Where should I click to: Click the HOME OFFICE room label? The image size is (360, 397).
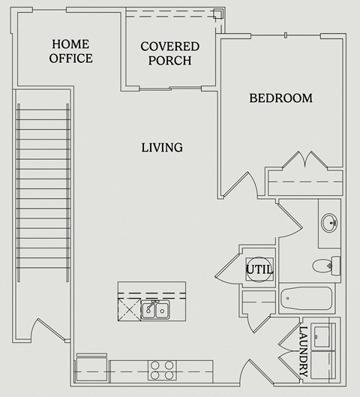coord(71,51)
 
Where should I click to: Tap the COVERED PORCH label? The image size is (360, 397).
coord(169,53)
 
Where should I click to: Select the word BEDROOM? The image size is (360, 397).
coord(280,98)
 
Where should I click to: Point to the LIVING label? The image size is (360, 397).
coord(162,147)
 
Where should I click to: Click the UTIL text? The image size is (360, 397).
coord(259,269)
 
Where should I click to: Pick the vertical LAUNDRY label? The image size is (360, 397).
coord(303,350)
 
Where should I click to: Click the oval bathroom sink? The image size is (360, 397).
coord(329,223)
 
